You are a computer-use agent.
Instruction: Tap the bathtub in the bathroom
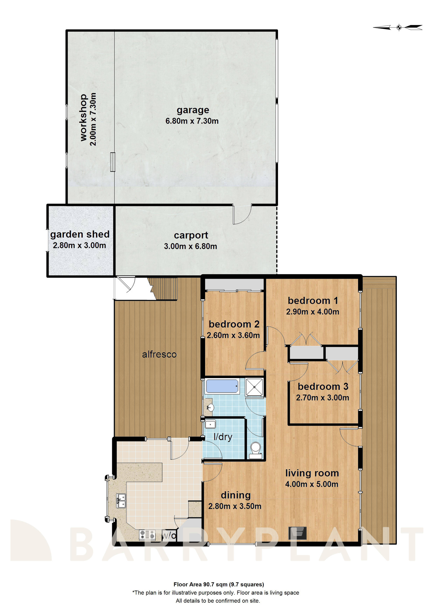click(222, 386)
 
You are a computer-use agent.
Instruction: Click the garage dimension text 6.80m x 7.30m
click(192, 121)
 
